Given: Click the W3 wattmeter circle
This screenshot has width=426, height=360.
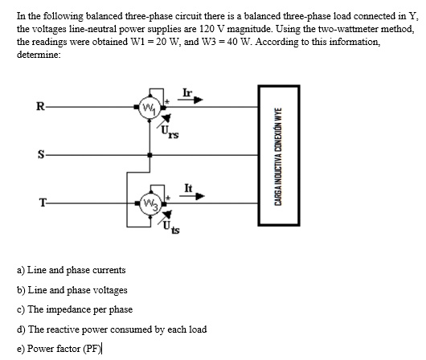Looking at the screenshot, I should click(149, 201).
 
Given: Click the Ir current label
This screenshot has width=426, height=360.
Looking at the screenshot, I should click(188, 92).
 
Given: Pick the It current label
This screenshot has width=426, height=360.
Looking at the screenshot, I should click(187, 186).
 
